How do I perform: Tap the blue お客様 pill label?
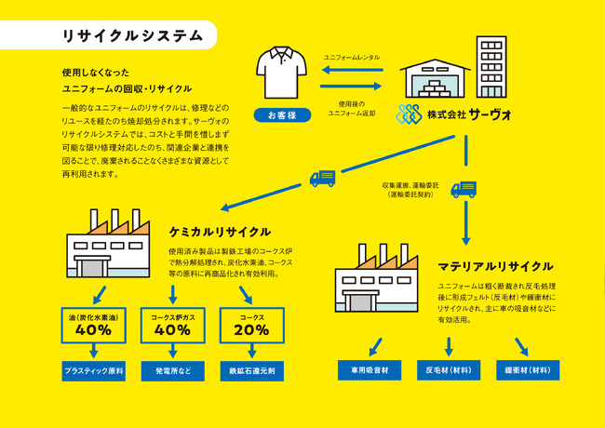[x=282, y=114]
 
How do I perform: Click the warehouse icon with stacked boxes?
[x=435, y=78]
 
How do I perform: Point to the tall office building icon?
[x=491, y=67]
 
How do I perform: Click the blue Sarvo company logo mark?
[x=409, y=114]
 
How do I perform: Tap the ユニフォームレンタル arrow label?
[x=352, y=58]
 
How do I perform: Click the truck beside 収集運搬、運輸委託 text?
[x=464, y=189]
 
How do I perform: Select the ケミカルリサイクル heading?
[x=220, y=232]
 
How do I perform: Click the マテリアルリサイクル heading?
[x=495, y=266]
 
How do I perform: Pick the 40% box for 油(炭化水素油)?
[x=94, y=326]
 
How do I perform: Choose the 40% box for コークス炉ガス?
[x=173, y=326]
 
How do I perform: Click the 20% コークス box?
[x=252, y=326]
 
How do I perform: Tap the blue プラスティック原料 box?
[x=94, y=371]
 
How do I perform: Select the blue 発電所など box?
[x=173, y=371]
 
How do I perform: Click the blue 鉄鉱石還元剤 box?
[x=252, y=371]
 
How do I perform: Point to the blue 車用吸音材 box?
[x=370, y=370]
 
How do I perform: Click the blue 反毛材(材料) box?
[x=449, y=370]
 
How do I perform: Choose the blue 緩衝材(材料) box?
[x=528, y=370]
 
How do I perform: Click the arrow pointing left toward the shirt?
[x=352, y=70]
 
